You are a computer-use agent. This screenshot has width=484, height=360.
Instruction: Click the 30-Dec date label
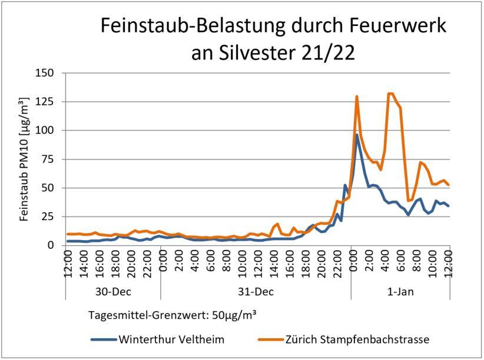[112, 292]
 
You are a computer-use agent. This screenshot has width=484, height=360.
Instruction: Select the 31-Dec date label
[256, 292]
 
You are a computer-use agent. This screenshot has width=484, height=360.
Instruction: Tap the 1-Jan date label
[400, 292]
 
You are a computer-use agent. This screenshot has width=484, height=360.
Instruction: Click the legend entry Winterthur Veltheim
[170, 339]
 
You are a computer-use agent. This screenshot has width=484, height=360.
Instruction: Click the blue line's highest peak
[357, 135]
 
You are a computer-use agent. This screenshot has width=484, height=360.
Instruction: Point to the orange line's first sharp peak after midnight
[357, 96]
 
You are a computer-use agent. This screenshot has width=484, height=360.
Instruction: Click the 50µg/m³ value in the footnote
[229, 315]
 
